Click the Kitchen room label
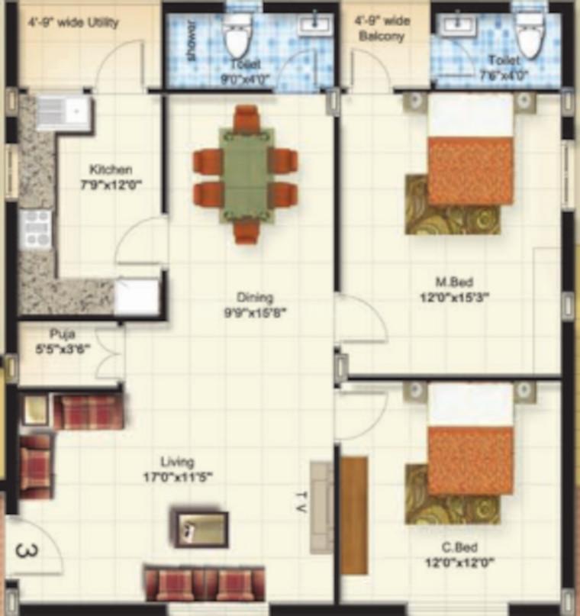(111, 169)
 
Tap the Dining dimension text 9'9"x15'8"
(254, 311)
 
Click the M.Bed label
(450, 283)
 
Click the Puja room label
(62, 333)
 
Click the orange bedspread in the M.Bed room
(470, 170)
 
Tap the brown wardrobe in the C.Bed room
(354, 515)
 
